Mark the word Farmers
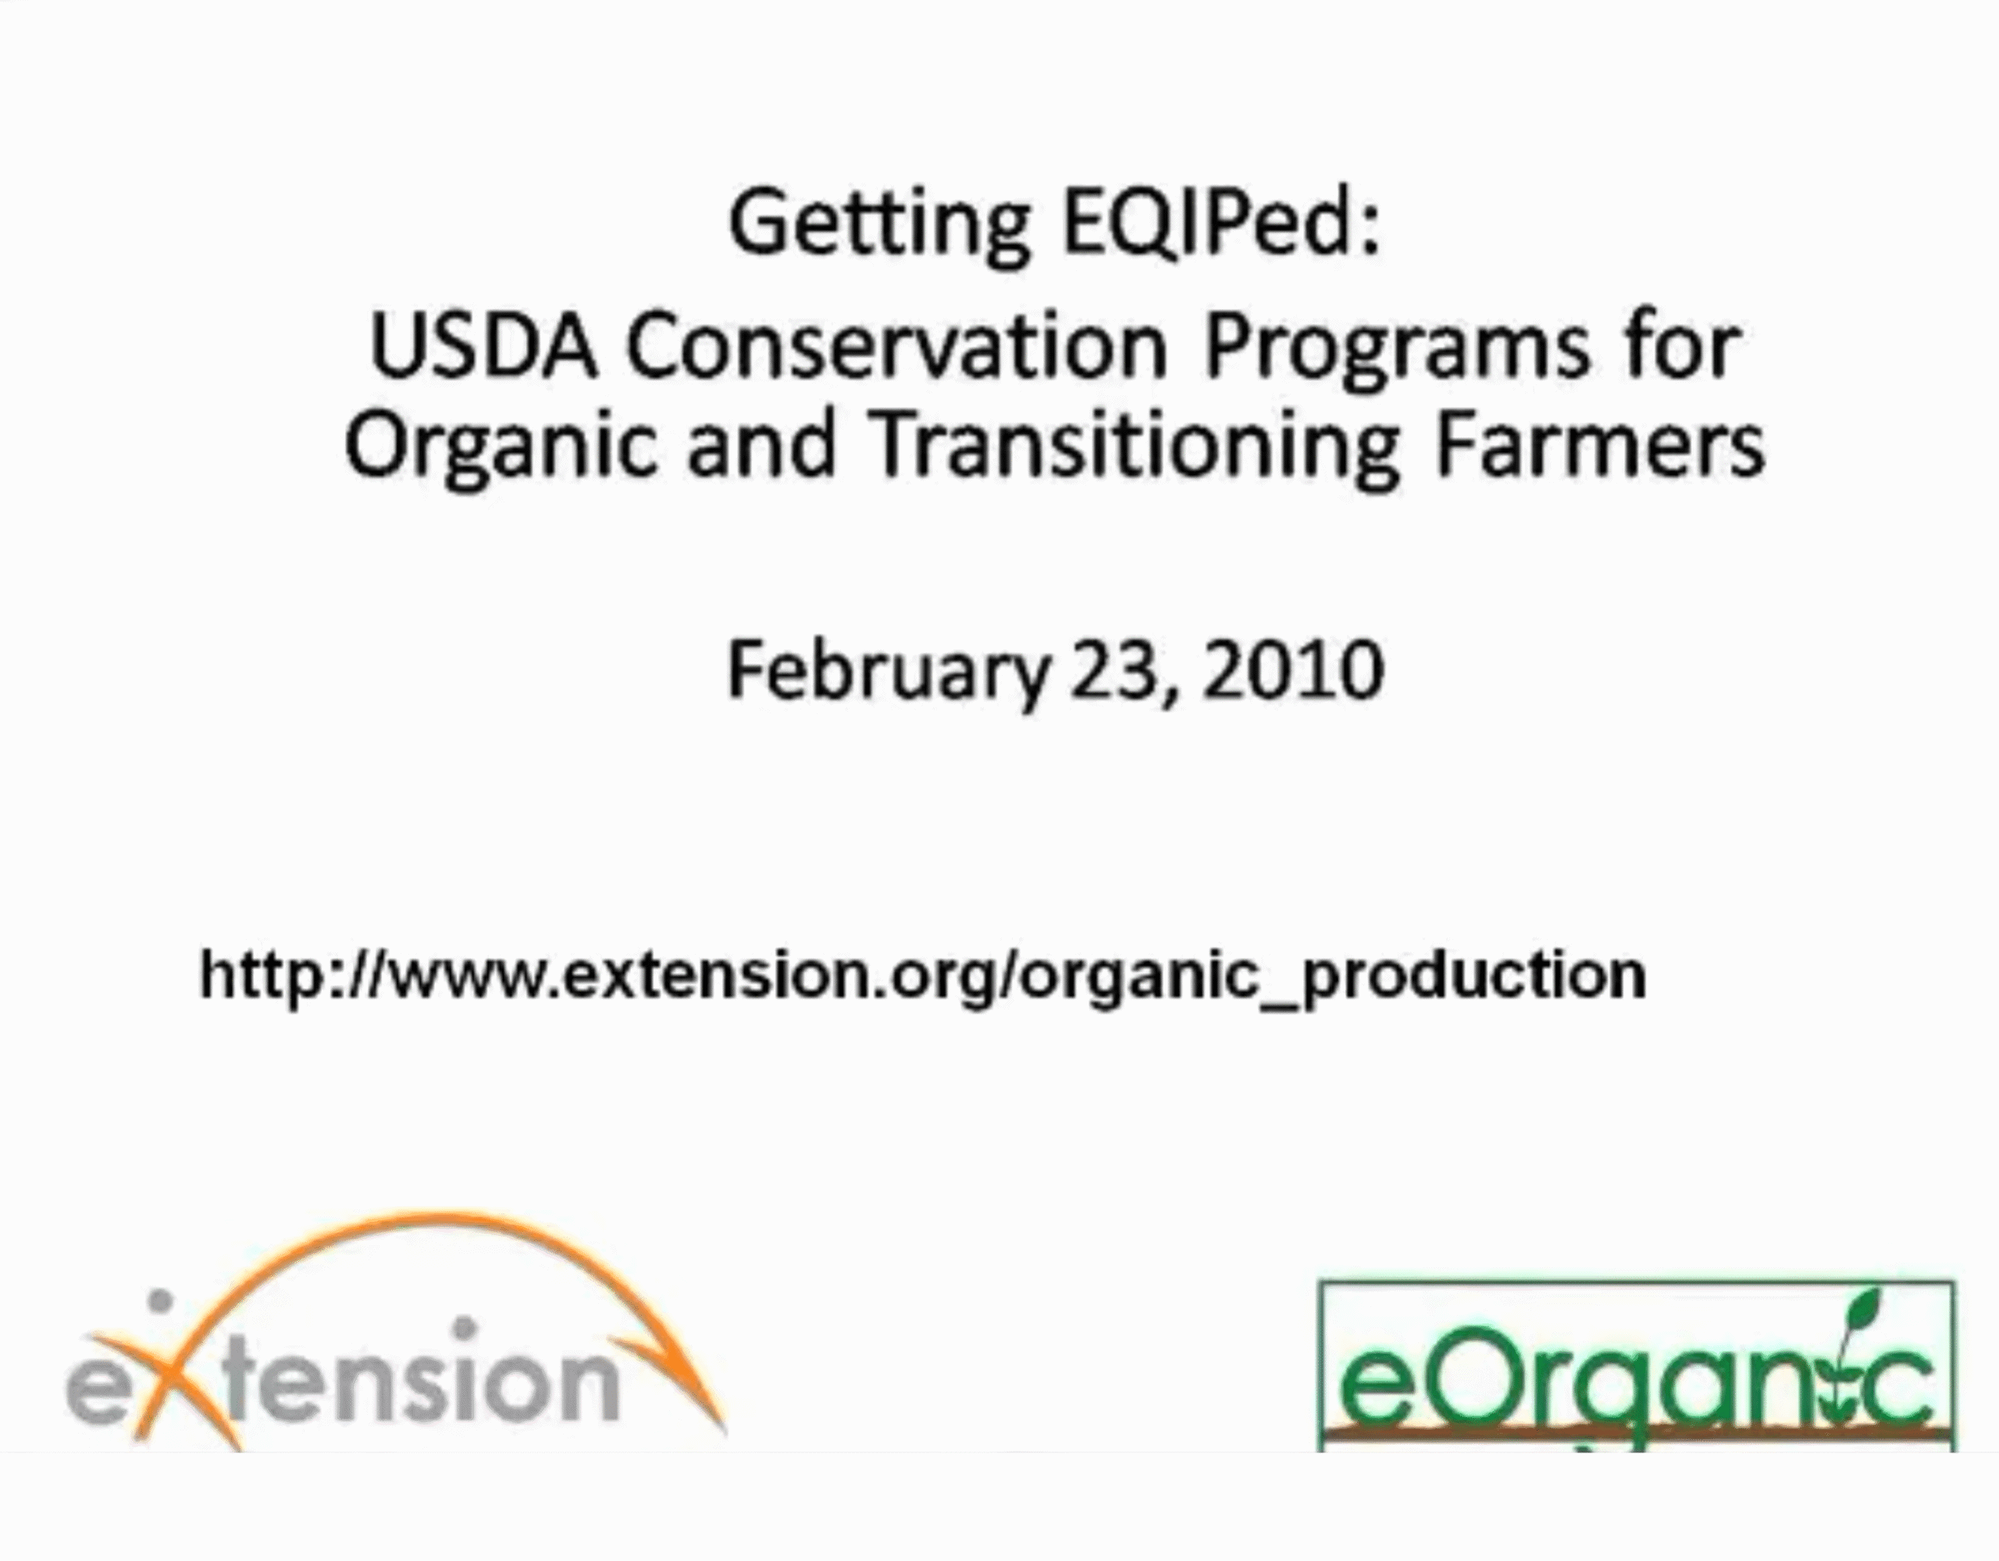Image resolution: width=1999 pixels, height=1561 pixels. point(1599,446)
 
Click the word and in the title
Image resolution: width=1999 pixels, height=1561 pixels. point(762,446)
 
